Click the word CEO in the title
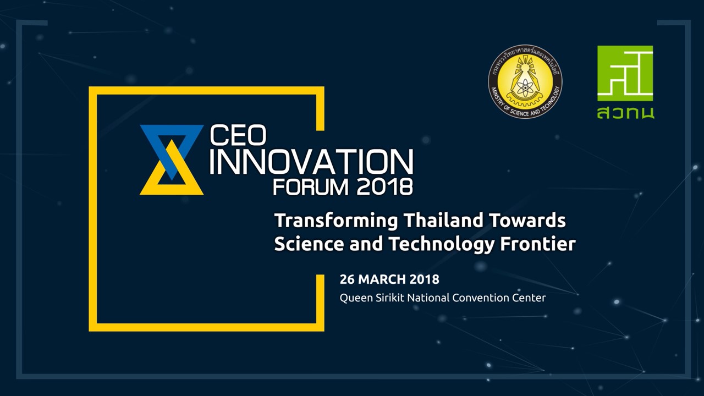(238, 135)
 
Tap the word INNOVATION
(311, 162)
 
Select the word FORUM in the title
(311, 187)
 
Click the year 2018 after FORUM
(384, 187)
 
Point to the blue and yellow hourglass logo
(172, 159)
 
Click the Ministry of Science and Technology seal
(525, 82)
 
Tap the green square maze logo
(625, 73)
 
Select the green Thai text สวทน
(625, 113)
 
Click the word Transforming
(336, 221)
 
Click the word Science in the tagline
(309, 244)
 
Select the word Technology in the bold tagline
(441, 245)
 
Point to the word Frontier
(538, 244)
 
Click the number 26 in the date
(347, 279)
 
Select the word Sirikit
(390, 298)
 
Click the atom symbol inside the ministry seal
(525, 86)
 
